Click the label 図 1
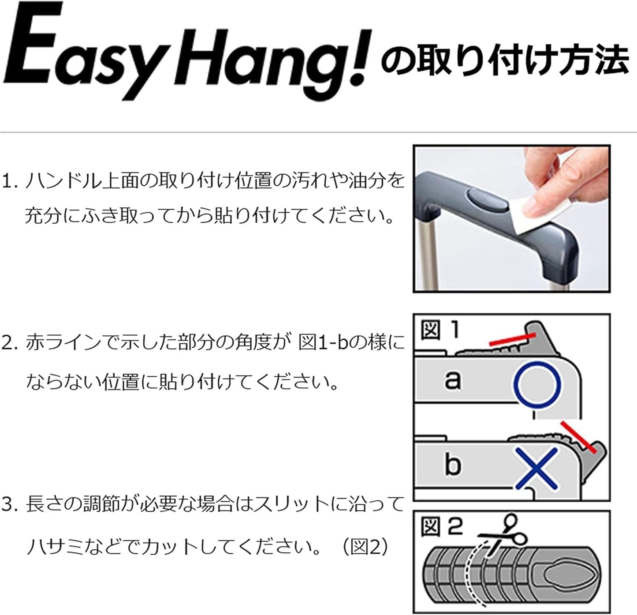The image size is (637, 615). pos(439,330)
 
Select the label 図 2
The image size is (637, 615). pos(441,526)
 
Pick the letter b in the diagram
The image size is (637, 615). pos(452,464)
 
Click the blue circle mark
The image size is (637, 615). pos(538,384)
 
